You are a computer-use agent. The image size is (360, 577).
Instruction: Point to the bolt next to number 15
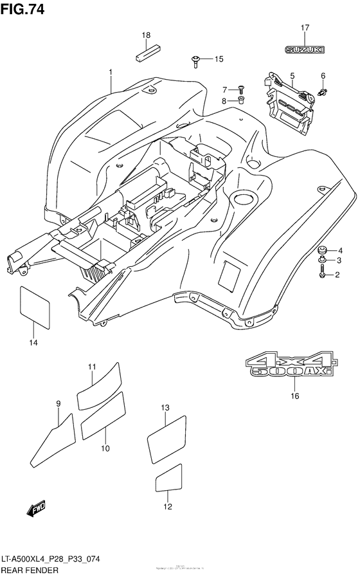coord(195,60)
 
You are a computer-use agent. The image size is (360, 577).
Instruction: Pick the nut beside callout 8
coord(241,100)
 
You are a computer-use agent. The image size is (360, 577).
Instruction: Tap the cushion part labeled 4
coord(322,250)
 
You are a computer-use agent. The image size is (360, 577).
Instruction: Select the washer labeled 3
coord(322,260)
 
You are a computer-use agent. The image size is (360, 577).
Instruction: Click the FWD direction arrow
coord(36,509)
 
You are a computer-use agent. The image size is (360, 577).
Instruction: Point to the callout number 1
coord(110,71)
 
